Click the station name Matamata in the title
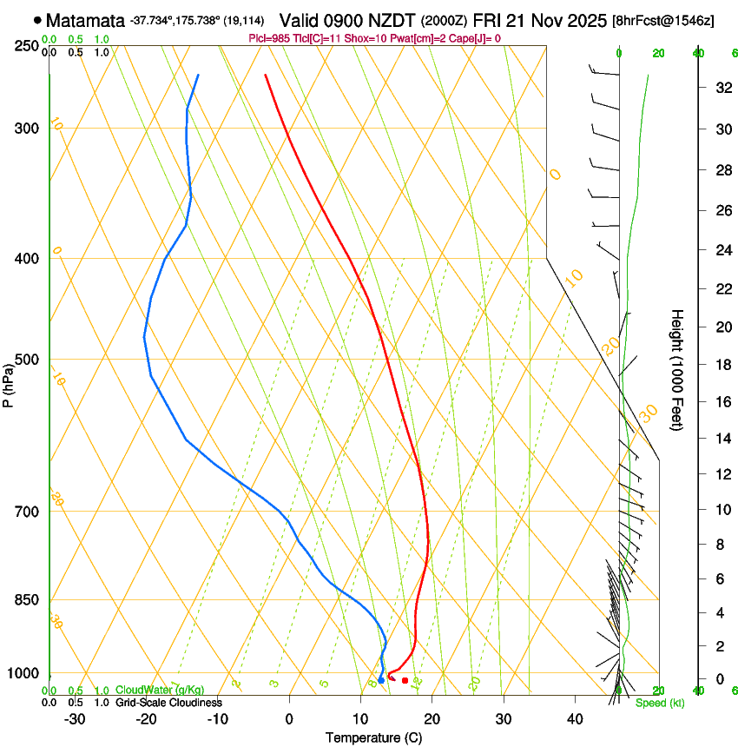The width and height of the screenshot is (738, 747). point(85,20)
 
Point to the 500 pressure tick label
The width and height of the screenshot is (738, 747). point(25,360)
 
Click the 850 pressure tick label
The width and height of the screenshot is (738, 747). point(25,600)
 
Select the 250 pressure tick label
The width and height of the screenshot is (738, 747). point(25,46)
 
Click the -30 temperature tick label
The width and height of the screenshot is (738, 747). point(75,719)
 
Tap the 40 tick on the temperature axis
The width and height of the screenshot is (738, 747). point(575,719)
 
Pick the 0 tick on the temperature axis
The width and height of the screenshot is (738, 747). point(289,719)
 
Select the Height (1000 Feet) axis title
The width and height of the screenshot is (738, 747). point(678,369)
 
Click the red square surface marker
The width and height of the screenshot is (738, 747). point(405,680)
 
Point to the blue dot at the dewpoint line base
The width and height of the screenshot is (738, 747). point(380,680)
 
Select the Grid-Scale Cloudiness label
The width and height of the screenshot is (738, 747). point(168,703)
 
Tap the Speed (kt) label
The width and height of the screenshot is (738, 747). point(659,703)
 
